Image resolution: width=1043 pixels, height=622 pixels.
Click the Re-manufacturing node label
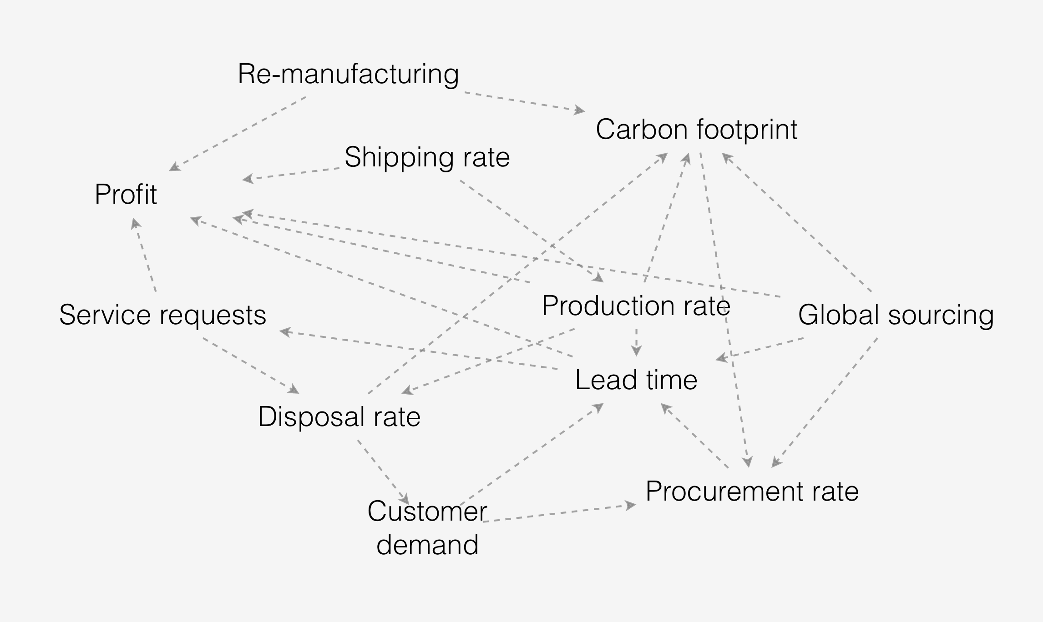coord(348,74)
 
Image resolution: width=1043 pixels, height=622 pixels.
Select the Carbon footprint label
coord(696,130)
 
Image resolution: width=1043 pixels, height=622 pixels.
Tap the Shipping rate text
coord(427,157)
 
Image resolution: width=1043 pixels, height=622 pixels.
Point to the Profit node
coord(126,195)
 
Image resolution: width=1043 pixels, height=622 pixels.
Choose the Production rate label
coord(636,306)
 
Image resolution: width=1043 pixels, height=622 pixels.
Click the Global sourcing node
coord(896,315)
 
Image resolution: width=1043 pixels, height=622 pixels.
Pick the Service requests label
coord(162,315)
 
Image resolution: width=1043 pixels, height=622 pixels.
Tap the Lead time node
coord(636,380)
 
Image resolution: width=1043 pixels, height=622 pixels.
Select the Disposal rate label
coord(339,417)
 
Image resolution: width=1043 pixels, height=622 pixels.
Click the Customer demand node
coord(427,528)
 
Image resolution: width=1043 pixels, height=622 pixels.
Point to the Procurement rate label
coord(752,492)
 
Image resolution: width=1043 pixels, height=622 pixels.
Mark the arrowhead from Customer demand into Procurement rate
coord(631,505)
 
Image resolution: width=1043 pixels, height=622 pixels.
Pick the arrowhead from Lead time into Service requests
coord(284,332)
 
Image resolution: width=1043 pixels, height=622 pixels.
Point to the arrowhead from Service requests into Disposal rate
coord(295,390)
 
